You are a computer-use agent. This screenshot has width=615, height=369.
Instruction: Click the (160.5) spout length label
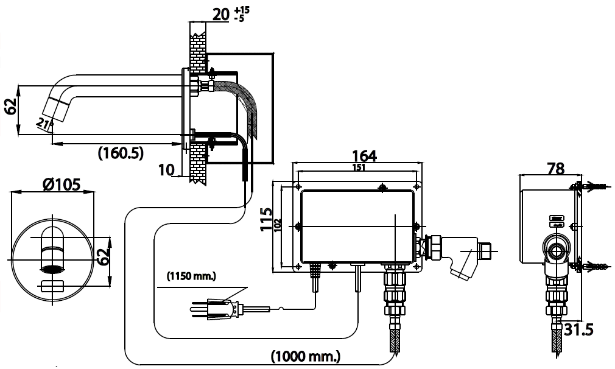tap(121, 153)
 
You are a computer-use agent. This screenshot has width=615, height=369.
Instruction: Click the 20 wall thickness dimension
tap(220, 14)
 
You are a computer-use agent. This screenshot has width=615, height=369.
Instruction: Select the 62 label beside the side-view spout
tap(10, 107)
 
